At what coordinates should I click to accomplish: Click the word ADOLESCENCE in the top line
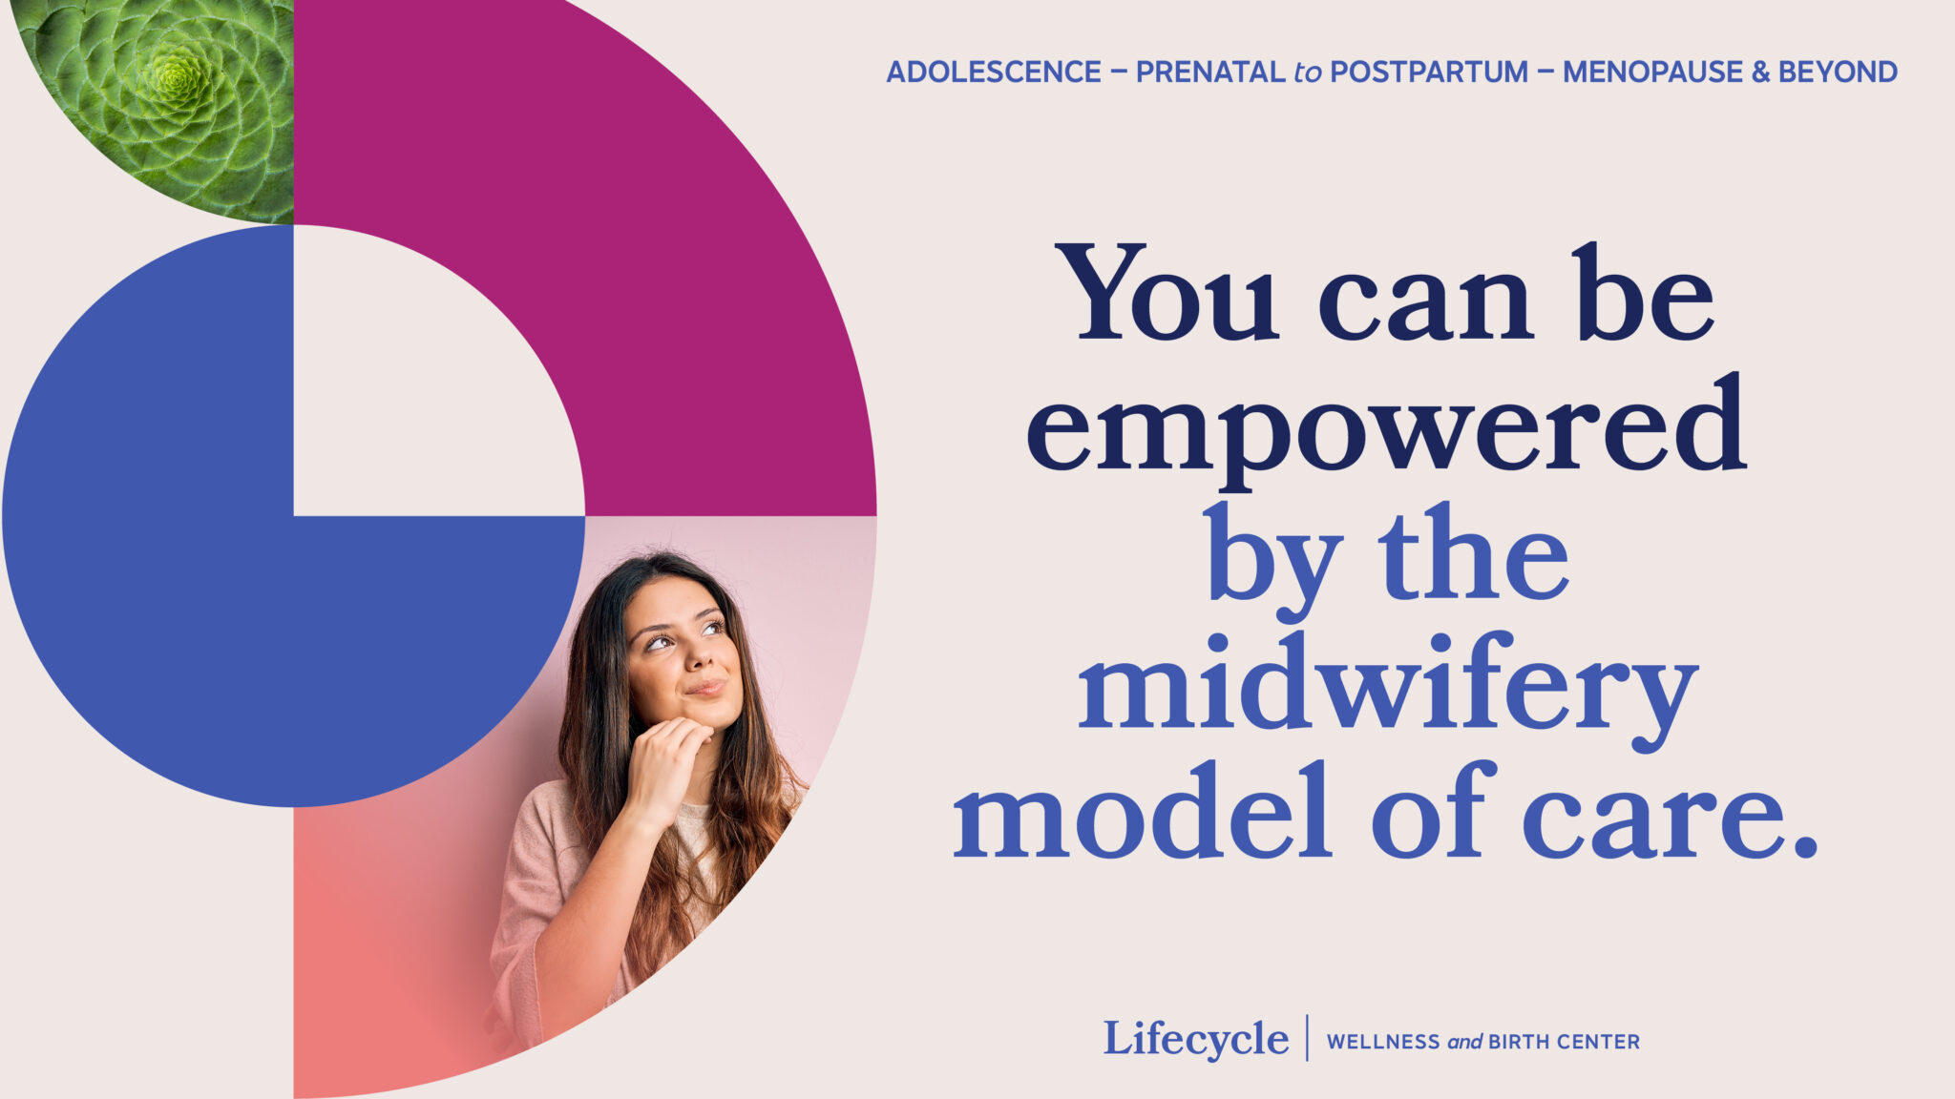tap(994, 73)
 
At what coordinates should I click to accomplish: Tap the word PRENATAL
tap(1210, 73)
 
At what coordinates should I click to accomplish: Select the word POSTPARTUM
tap(1429, 73)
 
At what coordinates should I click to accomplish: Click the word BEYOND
tap(1838, 73)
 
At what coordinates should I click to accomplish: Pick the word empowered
tap(1386, 425)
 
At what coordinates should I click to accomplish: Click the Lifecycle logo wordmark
tap(1196, 1039)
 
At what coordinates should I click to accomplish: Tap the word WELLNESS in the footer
tap(1383, 1042)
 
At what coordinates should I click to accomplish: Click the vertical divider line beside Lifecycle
tap(1307, 1038)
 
